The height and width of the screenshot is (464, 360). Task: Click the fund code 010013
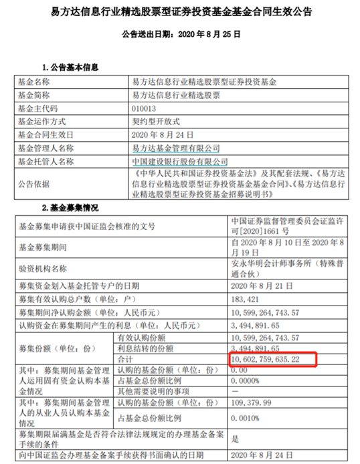tap(144, 108)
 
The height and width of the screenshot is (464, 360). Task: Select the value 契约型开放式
tap(156, 122)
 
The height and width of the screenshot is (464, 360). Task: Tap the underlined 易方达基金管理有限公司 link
tap(176, 148)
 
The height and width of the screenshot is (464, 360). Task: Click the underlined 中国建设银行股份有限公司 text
tap(180, 162)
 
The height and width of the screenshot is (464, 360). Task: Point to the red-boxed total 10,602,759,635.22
tap(265, 359)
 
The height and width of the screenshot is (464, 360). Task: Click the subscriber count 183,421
tap(245, 300)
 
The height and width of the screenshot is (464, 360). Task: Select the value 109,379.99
tap(251, 402)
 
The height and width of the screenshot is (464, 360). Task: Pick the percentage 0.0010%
tap(245, 419)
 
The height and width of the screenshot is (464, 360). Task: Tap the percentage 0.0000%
tap(245, 381)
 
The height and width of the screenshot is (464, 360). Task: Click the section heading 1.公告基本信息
tap(70, 68)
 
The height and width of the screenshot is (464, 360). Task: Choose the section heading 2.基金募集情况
tap(70, 208)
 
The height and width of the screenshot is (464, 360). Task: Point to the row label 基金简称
tap(33, 96)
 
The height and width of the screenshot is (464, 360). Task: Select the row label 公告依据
tap(33, 184)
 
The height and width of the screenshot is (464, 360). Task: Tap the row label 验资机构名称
tap(43, 269)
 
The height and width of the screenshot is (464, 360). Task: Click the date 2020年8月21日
tap(262, 286)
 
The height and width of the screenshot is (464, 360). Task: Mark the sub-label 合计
tap(125, 359)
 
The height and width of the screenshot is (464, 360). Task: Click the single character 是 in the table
tap(235, 439)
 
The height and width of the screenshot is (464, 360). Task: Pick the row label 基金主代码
tap(37, 108)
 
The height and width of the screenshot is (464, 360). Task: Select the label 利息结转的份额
tap(145, 348)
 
